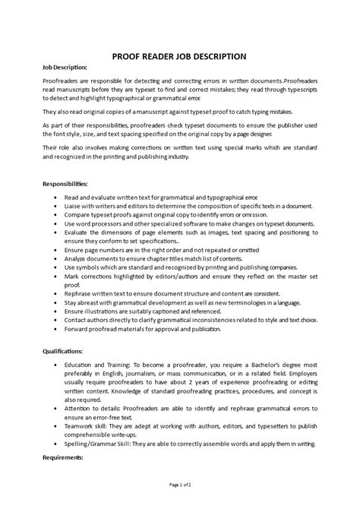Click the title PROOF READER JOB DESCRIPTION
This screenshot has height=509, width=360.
click(x=179, y=55)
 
